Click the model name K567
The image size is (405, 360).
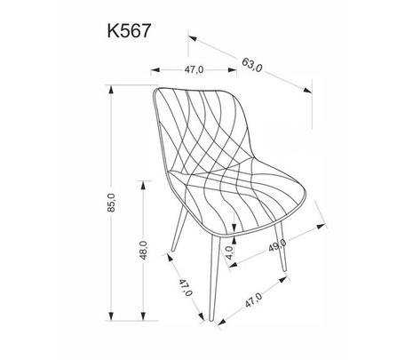pyautogui.click(x=129, y=30)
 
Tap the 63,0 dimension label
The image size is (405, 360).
pyautogui.click(x=252, y=65)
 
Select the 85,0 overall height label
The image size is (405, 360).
pyautogui.click(x=111, y=203)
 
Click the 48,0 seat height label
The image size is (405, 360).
pyautogui.click(x=143, y=251)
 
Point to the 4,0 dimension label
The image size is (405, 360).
pyautogui.click(x=230, y=252)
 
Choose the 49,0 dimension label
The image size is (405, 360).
pyautogui.click(x=277, y=245)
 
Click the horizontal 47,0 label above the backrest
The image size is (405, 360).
pyautogui.click(x=194, y=70)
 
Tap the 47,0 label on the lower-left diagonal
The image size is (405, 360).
pyautogui.click(x=185, y=287)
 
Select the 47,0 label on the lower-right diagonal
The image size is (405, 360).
pyautogui.click(x=253, y=300)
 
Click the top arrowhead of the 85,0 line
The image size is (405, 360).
pyautogui.click(x=111, y=90)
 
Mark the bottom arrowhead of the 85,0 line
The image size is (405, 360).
pyautogui.click(x=111, y=316)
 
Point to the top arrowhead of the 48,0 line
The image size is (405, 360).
pyautogui.click(x=143, y=185)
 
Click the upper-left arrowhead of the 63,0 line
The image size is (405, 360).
pyautogui.click(x=193, y=38)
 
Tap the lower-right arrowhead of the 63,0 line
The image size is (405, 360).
pyautogui.click(x=307, y=90)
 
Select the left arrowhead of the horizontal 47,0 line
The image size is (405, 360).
pyautogui.click(x=155, y=70)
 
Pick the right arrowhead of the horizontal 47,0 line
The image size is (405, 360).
pyautogui.click(x=233, y=70)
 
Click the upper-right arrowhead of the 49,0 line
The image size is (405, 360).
pyautogui.click(x=321, y=227)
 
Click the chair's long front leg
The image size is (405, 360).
pyautogui.click(x=214, y=278)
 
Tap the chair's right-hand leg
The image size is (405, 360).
pyautogui.click(x=280, y=246)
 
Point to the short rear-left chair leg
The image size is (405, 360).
pyautogui.click(x=179, y=229)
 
